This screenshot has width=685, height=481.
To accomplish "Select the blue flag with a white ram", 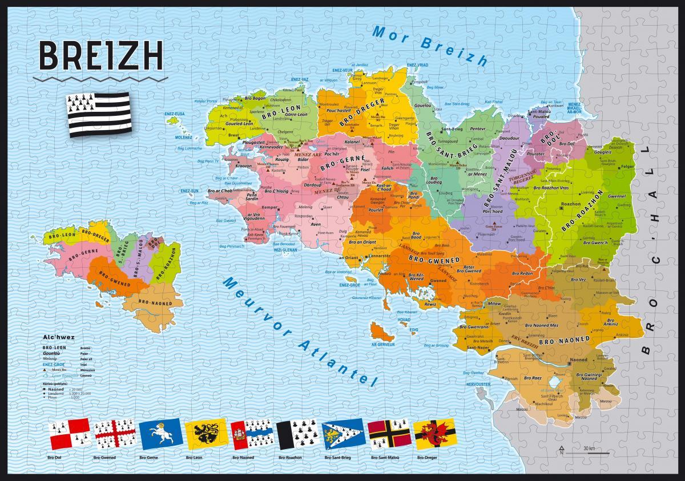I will (x=162, y=435).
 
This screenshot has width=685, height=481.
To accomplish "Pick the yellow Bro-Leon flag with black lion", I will (x=207, y=435).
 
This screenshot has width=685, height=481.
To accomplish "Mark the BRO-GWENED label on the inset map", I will (x=114, y=279).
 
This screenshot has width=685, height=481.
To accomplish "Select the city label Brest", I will (x=233, y=135).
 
